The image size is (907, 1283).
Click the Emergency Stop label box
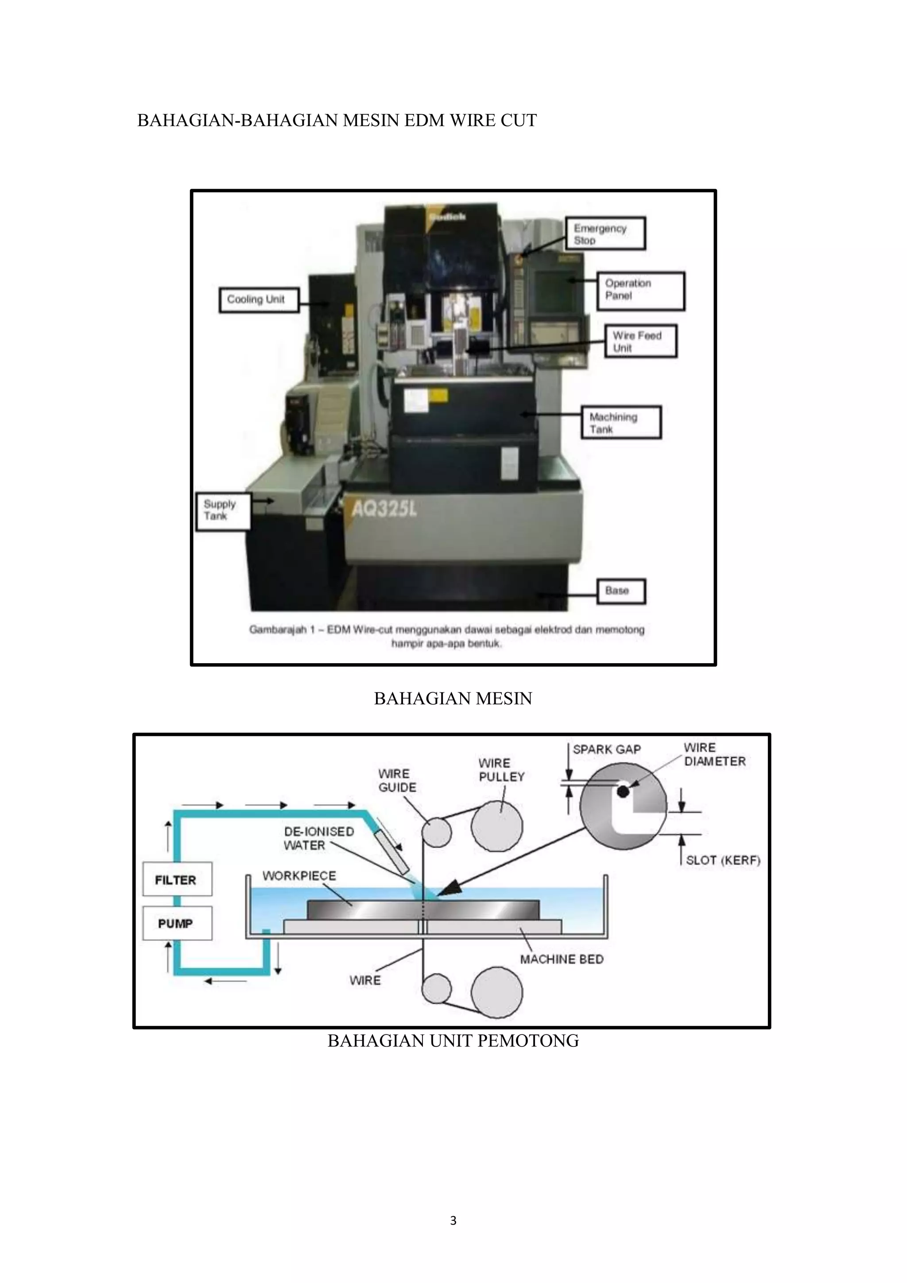tap(605, 233)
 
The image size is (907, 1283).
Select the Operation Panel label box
tap(640, 291)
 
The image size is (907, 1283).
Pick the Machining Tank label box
tap(621, 423)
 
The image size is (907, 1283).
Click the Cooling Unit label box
tap(259, 300)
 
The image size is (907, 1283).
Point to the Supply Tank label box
tap(222, 510)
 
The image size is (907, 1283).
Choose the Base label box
tap(621, 591)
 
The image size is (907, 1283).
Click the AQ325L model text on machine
tap(385, 509)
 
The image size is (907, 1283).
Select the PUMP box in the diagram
tap(177, 924)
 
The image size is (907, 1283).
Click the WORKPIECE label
tap(299, 875)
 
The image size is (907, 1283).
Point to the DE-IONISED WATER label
tap(318, 838)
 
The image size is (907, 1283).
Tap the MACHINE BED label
tap(562, 960)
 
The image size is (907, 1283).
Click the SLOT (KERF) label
tap(723, 860)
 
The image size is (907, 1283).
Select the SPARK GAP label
tap(607, 749)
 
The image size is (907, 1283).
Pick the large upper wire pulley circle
tap(496, 826)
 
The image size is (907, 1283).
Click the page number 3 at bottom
tap(453, 1221)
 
